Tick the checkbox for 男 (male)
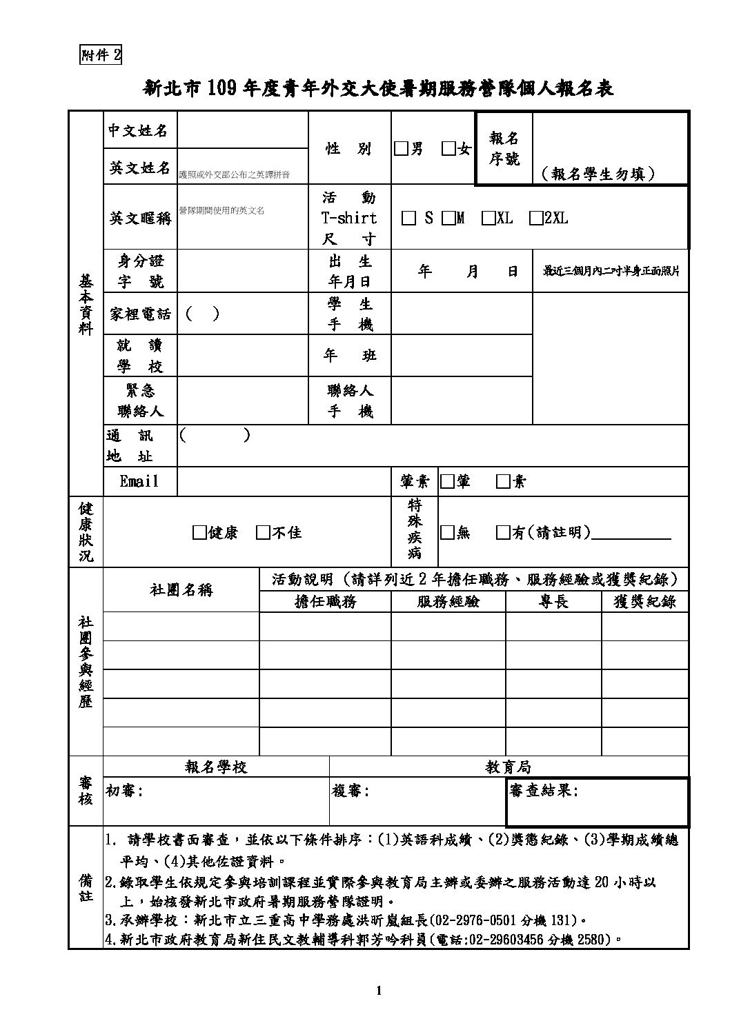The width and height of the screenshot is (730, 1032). (x=401, y=149)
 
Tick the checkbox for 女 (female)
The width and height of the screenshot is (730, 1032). (x=448, y=149)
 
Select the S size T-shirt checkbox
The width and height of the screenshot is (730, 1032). (x=408, y=219)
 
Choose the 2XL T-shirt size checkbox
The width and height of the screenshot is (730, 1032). (x=535, y=219)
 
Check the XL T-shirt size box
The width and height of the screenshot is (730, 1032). (x=489, y=219)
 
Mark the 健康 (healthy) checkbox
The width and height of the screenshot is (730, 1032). (x=199, y=532)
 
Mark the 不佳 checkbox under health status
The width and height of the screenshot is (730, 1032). (x=263, y=532)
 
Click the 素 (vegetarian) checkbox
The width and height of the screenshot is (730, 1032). (x=503, y=481)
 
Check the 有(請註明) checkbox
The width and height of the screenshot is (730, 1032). (x=503, y=532)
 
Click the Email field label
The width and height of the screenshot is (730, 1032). (x=139, y=481)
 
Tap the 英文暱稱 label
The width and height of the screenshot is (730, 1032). (x=140, y=219)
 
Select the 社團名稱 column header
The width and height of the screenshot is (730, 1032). (x=181, y=590)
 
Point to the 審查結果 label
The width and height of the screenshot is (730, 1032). (x=543, y=791)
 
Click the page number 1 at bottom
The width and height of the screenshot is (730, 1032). (x=379, y=991)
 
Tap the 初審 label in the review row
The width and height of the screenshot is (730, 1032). (x=124, y=791)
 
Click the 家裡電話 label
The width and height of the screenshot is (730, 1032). (x=140, y=314)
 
